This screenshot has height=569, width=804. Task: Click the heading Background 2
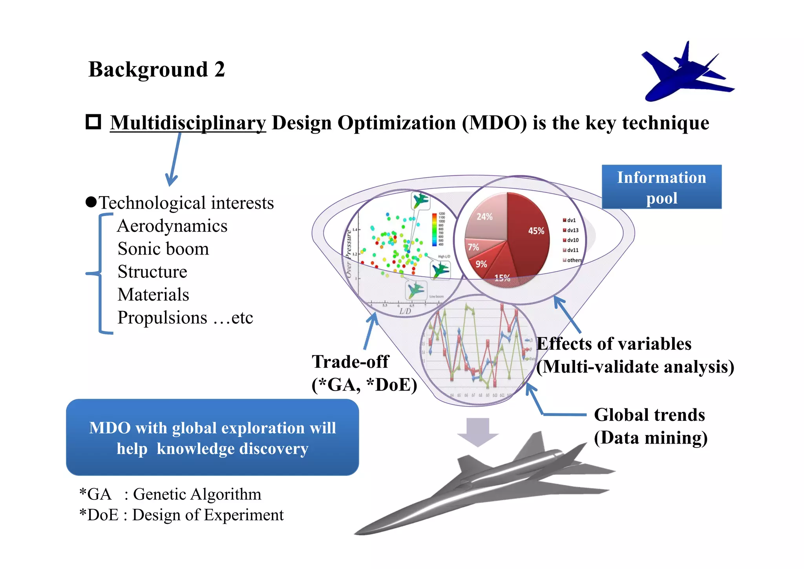click(156, 70)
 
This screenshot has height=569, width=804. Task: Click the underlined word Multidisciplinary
click(188, 123)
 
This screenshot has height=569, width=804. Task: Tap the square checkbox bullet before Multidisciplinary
click(93, 122)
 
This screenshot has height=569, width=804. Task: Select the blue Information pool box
click(661, 187)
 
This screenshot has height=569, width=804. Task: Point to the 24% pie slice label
click(484, 217)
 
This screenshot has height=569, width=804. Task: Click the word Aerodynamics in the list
click(172, 226)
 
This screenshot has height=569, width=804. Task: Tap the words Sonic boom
click(163, 249)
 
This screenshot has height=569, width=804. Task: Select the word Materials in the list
click(153, 295)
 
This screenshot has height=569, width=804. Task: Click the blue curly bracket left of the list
click(100, 273)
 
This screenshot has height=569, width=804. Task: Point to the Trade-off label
click(350, 362)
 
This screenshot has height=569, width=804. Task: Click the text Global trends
click(649, 415)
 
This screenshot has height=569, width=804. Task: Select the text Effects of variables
click(614, 344)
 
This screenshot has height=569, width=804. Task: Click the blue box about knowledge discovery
click(212, 438)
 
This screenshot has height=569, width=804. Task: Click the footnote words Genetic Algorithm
click(197, 494)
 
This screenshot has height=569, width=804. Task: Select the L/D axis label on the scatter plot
click(405, 311)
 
